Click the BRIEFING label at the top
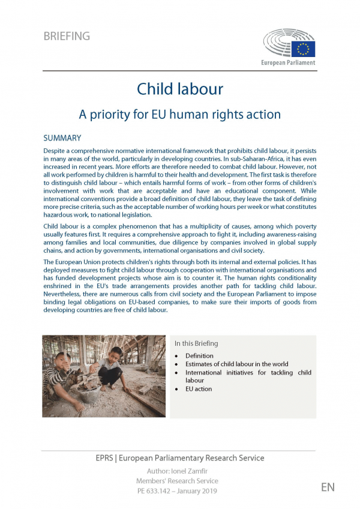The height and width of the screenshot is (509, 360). (x=67, y=36)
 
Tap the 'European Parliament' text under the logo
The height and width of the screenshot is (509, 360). (x=287, y=62)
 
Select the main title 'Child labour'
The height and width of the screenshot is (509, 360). (x=180, y=89)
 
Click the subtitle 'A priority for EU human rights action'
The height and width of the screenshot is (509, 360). (x=180, y=113)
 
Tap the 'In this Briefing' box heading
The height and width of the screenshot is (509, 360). (x=196, y=343)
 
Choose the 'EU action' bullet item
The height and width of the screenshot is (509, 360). (x=199, y=389)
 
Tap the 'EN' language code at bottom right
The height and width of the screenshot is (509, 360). (x=328, y=487)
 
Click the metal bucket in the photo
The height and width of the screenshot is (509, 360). (x=87, y=393)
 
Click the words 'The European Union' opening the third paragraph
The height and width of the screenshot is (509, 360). (x=70, y=263)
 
